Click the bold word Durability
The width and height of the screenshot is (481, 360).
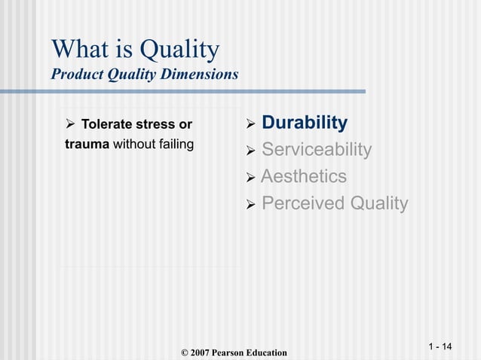pyautogui.click(x=304, y=123)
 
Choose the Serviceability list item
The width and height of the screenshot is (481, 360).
pyautogui.click(x=316, y=150)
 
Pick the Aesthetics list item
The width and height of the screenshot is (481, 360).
pyautogui.click(x=303, y=177)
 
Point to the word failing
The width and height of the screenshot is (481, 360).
pyautogui.click(x=174, y=144)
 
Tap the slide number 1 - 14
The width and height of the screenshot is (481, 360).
pyautogui.click(x=440, y=346)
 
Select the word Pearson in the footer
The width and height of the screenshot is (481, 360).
pyautogui.click(x=234, y=352)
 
